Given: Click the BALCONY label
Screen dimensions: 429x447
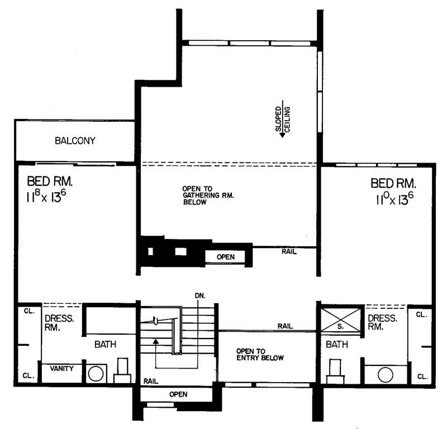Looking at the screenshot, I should [x=75, y=141].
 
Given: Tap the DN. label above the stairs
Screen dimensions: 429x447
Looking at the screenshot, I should [x=199, y=294].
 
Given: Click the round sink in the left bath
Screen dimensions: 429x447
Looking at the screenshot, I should [x=96, y=374].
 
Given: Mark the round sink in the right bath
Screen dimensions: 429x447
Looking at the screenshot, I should [x=386, y=374].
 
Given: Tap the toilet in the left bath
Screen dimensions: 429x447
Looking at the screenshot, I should [x=122, y=371].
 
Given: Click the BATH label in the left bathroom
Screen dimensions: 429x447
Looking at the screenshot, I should [x=105, y=345].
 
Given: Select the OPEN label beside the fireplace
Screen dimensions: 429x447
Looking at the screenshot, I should [x=226, y=257].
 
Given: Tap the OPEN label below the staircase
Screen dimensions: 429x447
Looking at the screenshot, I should [x=178, y=394].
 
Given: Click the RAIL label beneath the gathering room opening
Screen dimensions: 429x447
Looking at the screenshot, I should [x=289, y=252].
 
